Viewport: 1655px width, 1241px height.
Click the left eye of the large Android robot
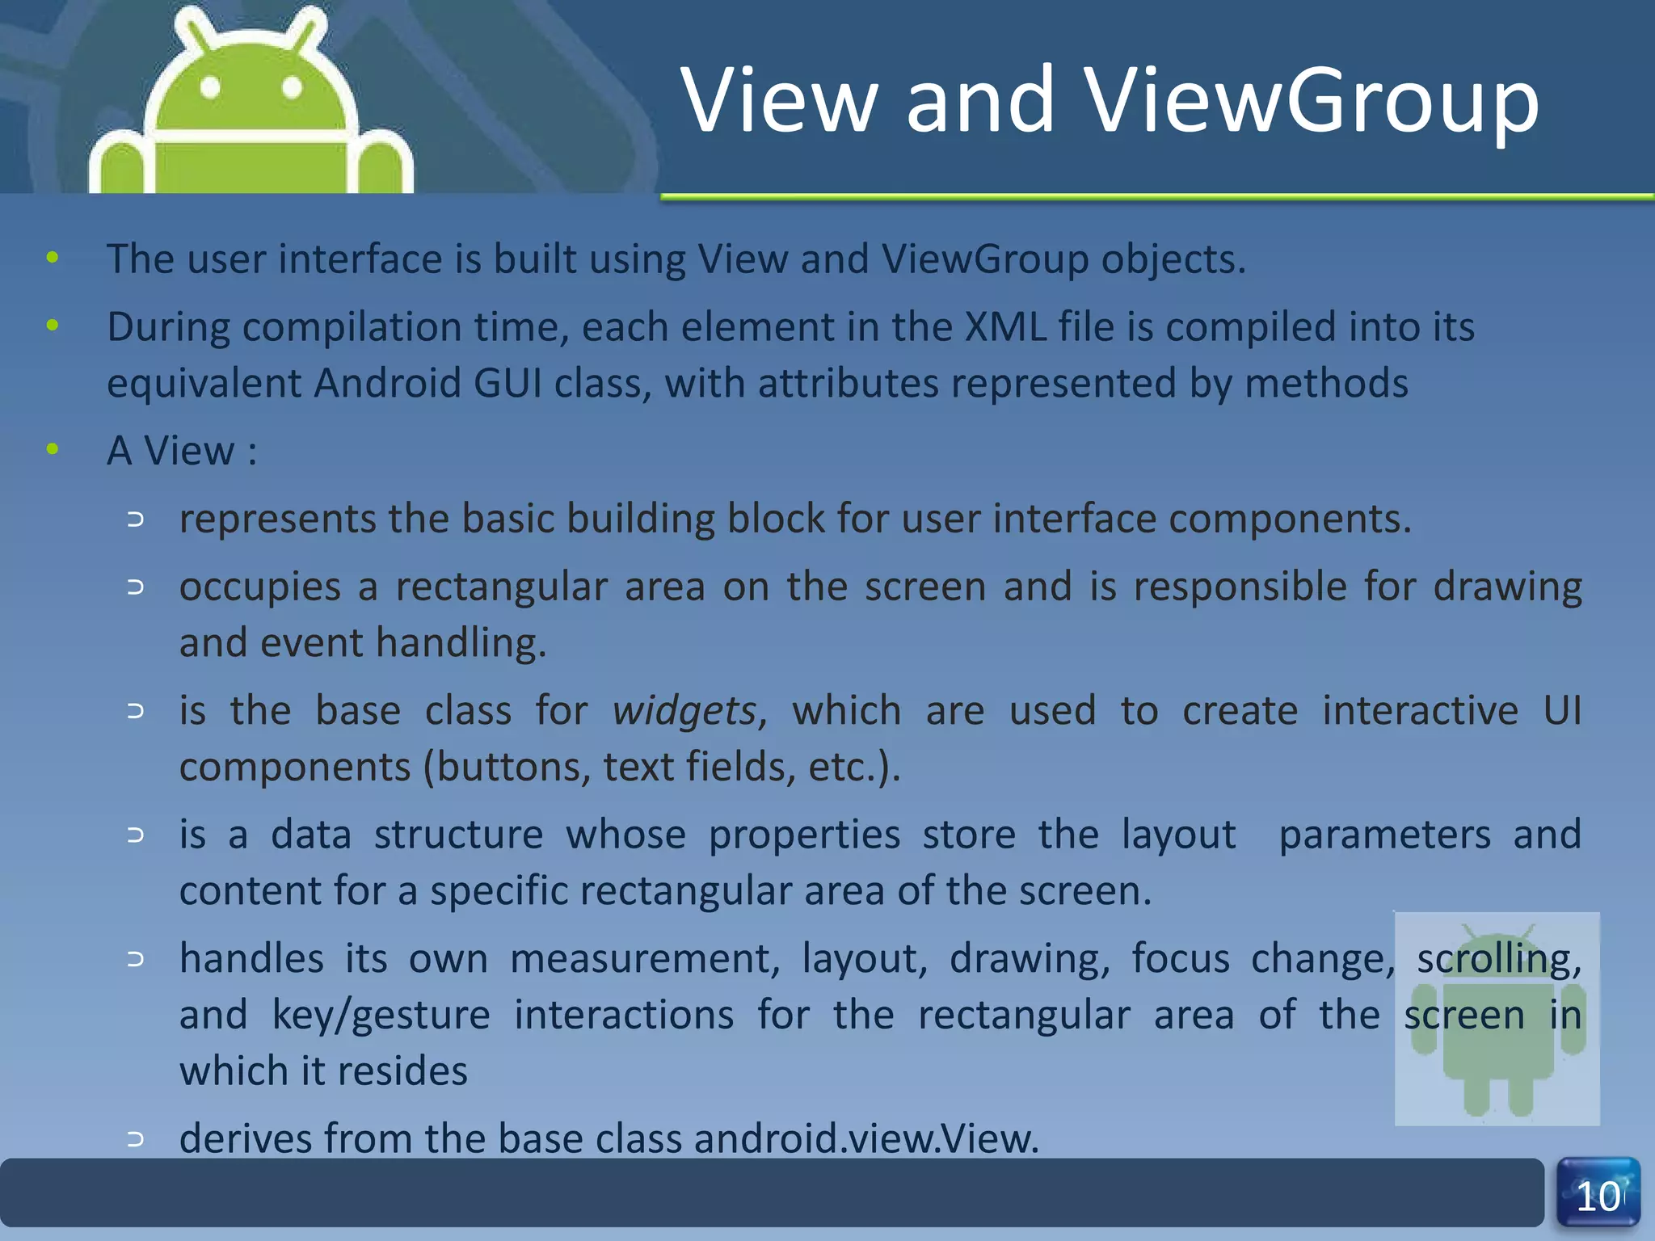tap(210, 86)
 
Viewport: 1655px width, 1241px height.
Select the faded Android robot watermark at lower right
tap(1497, 1020)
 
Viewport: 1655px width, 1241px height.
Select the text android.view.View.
tap(865, 1138)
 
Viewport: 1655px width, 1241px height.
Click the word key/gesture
tap(381, 1016)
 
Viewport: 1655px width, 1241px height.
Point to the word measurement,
tap(644, 960)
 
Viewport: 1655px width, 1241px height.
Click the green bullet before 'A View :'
tap(53, 449)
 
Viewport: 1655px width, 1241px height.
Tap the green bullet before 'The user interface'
tap(53, 259)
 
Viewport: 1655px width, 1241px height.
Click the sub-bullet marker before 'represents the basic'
tap(136, 520)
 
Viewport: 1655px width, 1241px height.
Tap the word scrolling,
tap(1498, 960)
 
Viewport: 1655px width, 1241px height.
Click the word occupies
tap(259, 587)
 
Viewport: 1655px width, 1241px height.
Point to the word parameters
tap(1383, 835)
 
